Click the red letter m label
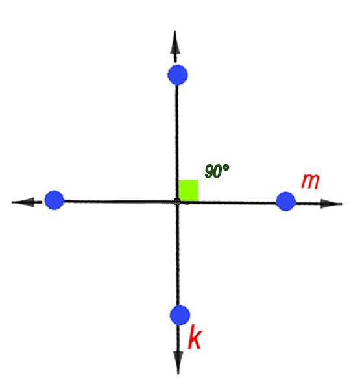(310, 182)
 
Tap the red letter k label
(195, 336)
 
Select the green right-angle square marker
(188, 191)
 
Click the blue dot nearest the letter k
(180, 315)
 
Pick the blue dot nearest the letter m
(286, 202)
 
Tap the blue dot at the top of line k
(178, 75)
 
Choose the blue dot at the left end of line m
(54, 200)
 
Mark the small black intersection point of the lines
(177, 201)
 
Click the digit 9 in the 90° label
(210, 171)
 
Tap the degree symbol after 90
(226, 167)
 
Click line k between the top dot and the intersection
(177, 141)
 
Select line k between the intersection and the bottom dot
(178, 255)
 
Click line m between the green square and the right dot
(237, 202)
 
